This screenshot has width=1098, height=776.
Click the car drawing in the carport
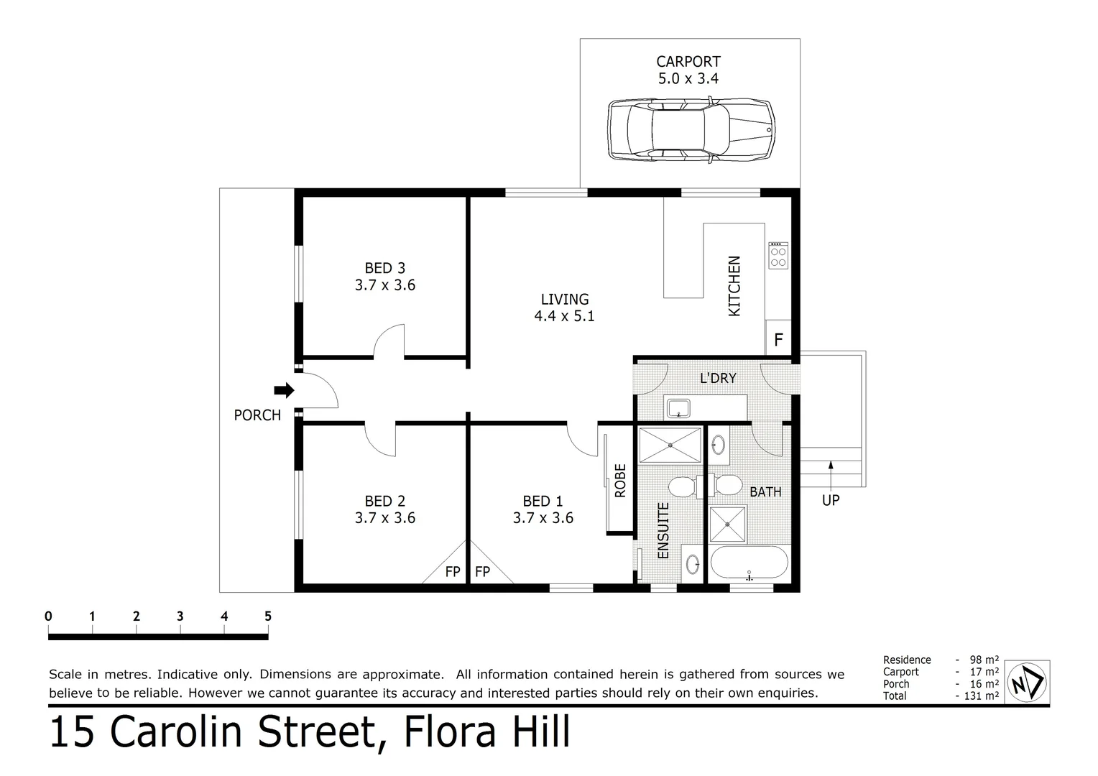pyautogui.click(x=691, y=130)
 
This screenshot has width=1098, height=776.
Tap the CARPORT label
pyautogui.click(x=688, y=62)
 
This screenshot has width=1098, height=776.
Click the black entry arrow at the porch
pyautogui.click(x=284, y=390)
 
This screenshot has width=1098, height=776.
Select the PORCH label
pyautogui.click(x=257, y=415)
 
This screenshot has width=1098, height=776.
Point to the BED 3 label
pyautogui.click(x=384, y=268)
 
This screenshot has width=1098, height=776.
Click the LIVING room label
pyautogui.click(x=565, y=299)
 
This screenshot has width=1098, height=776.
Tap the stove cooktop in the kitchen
pyautogui.click(x=778, y=255)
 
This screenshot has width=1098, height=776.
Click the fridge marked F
pyautogui.click(x=778, y=337)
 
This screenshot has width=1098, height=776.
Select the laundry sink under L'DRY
pyautogui.click(x=679, y=408)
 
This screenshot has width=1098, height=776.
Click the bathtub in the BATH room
pyautogui.click(x=749, y=563)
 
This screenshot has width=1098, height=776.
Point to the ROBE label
pyautogui.click(x=620, y=481)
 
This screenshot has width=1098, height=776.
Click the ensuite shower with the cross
pyautogui.click(x=670, y=445)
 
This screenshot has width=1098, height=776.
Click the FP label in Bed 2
pyautogui.click(x=453, y=572)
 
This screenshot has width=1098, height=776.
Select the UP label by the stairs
pyautogui.click(x=831, y=500)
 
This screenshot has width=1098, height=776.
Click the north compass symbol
pyautogui.click(x=1027, y=682)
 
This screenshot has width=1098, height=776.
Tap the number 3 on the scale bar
pyautogui.click(x=180, y=616)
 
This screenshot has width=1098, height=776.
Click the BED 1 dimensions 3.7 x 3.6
pyautogui.click(x=543, y=517)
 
